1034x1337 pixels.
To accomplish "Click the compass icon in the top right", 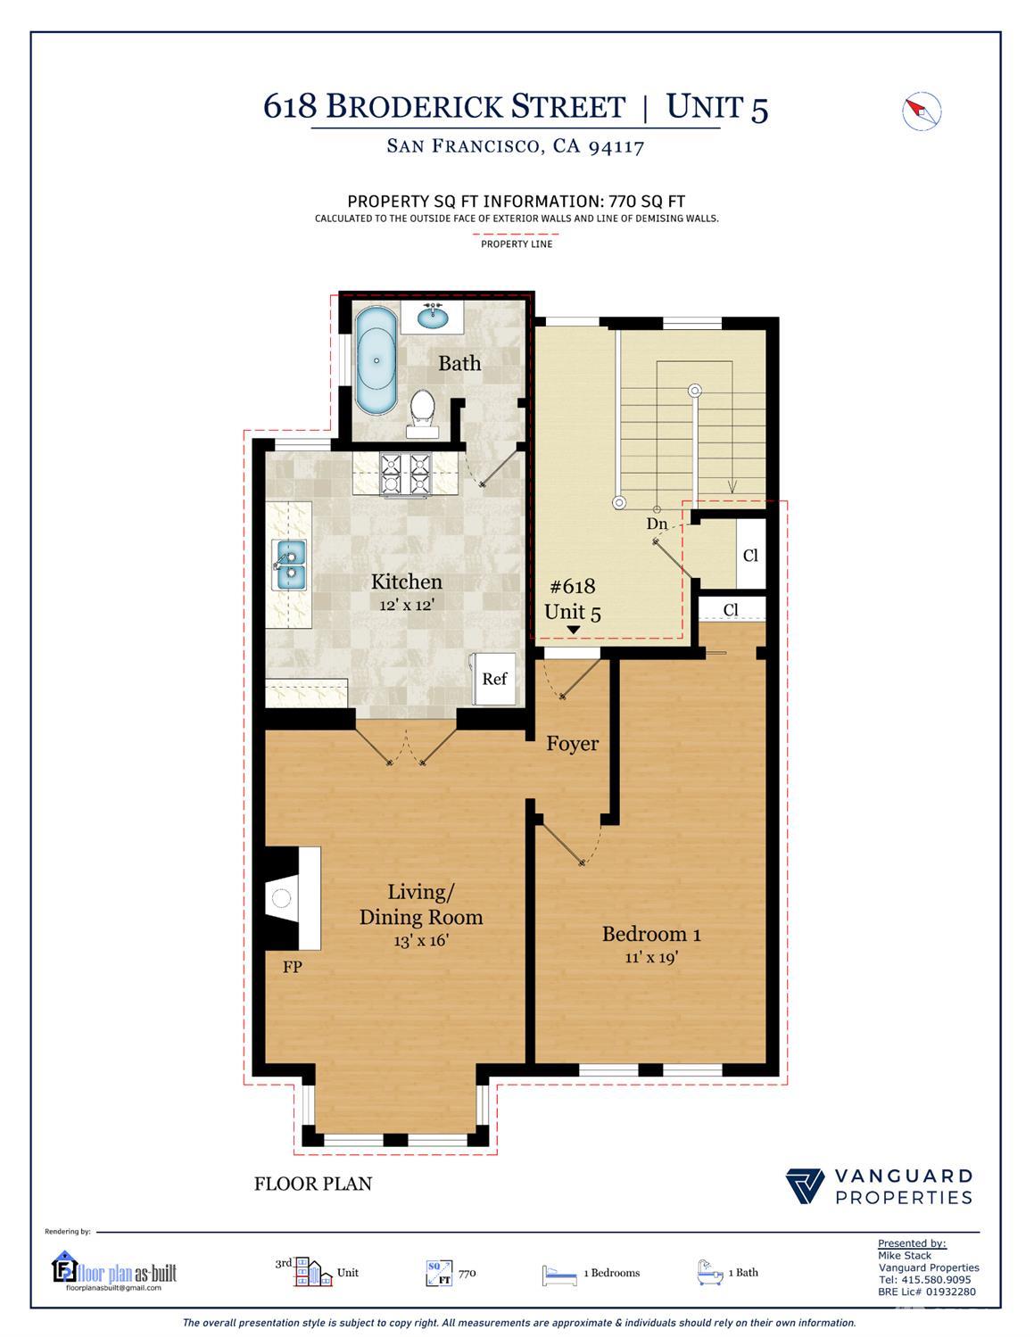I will (x=922, y=111).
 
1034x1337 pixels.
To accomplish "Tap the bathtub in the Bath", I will (x=376, y=361).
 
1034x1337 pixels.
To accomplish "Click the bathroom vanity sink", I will (x=434, y=317).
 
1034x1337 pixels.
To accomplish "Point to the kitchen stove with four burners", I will (x=405, y=474).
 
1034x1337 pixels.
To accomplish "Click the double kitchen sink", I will (x=290, y=565).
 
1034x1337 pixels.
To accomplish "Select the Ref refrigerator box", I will (x=494, y=678).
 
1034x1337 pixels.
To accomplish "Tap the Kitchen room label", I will (x=406, y=582).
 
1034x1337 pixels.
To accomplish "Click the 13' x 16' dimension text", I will (x=420, y=940).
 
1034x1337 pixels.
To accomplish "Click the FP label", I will (x=292, y=966).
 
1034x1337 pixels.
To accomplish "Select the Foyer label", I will (x=572, y=743).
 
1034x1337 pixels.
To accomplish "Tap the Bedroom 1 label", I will (x=651, y=934).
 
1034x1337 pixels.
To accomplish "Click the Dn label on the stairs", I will (x=657, y=524).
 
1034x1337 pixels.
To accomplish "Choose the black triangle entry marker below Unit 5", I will (x=574, y=631).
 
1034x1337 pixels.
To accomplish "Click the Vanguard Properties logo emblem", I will (x=805, y=1186).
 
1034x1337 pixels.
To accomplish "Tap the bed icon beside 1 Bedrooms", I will (x=558, y=1275).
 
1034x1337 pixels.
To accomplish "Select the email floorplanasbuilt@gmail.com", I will (x=113, y=1288).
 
